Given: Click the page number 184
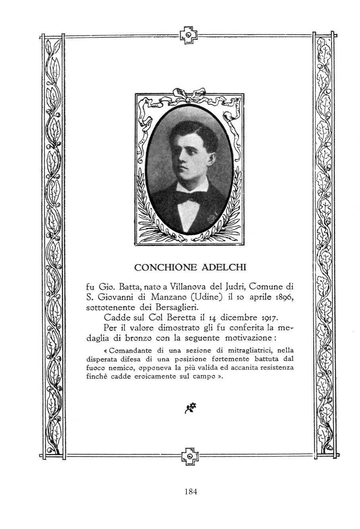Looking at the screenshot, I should (191, 492).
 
